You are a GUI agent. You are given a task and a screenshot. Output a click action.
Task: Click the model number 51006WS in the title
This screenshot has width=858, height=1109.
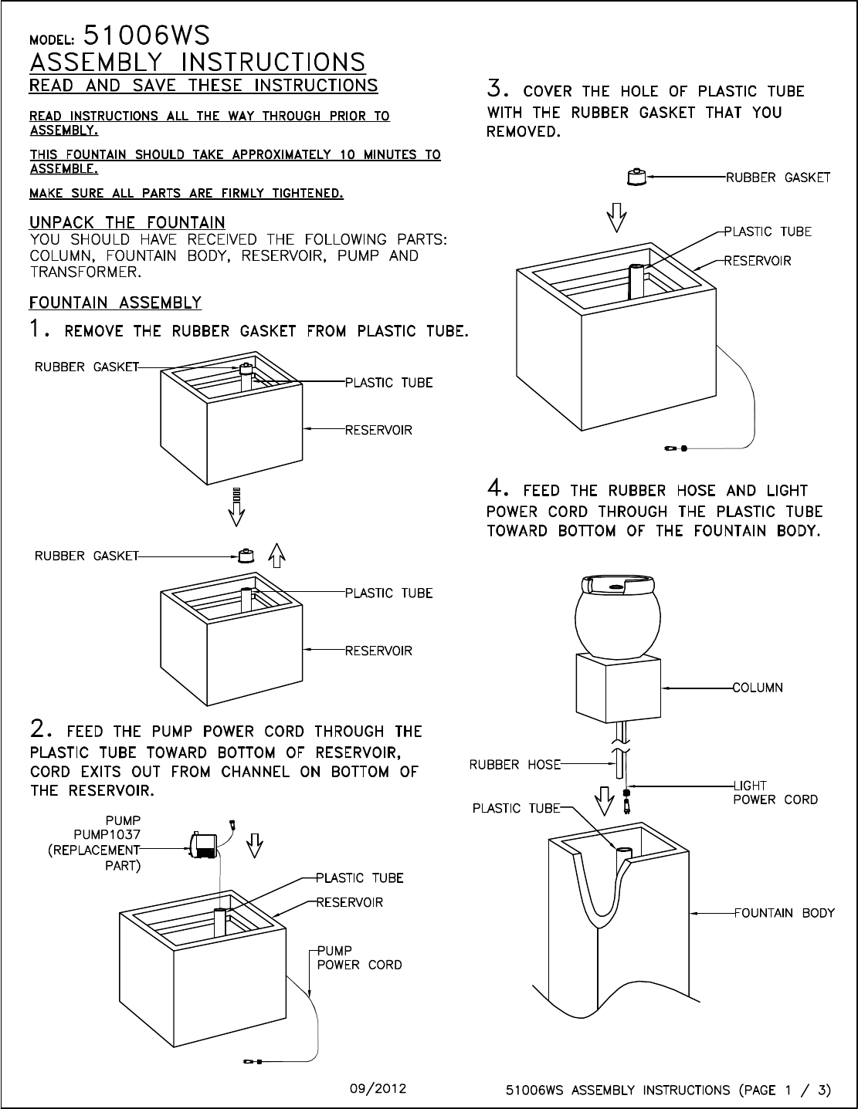(147, 36)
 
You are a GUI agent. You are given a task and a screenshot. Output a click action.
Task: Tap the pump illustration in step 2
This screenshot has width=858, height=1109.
(203, 845)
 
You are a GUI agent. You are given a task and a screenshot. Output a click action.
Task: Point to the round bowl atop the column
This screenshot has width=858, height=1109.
(618, 617)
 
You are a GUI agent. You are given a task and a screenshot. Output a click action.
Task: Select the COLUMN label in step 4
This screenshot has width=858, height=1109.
(758, 688)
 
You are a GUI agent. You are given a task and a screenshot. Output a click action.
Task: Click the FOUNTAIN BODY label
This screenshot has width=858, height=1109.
(784, 912)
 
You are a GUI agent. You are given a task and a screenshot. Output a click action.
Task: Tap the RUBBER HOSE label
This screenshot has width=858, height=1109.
(515, 765)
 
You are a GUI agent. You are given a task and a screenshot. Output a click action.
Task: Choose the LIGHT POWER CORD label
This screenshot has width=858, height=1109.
(775, 793)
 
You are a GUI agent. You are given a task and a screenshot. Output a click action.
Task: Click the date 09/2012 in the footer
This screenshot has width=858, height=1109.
(378, 1089)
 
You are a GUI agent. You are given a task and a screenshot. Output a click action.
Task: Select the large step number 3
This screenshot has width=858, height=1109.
(497, 88)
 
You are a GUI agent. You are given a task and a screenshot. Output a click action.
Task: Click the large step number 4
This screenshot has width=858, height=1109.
(497, 489)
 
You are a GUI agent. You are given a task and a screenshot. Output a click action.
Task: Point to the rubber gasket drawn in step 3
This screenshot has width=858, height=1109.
(636, 177)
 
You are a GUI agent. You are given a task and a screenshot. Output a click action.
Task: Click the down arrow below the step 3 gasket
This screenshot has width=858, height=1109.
(616, 218)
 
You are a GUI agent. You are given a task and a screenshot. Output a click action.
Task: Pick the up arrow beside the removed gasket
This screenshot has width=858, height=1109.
(276, 555)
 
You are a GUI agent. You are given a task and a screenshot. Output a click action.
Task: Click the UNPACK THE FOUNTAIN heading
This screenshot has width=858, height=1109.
(127, 222)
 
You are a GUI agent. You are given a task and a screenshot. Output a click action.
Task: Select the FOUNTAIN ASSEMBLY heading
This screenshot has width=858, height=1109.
(115, 303)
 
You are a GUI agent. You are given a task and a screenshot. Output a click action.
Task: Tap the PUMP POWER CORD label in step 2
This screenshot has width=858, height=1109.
(360, 958)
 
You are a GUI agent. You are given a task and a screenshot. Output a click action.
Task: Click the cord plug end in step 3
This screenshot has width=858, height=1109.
(676, 448)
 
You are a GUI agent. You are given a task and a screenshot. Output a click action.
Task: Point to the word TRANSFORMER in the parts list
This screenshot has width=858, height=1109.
(86, 272)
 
